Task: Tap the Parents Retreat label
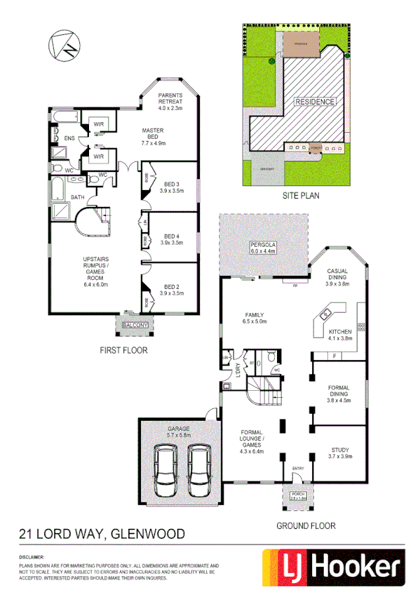pyautogui.click(x=170, y=102)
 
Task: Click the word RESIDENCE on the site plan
pyautogui.click(x=314, y=101)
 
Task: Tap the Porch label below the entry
pyautogui.click(x=298, y=496)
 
